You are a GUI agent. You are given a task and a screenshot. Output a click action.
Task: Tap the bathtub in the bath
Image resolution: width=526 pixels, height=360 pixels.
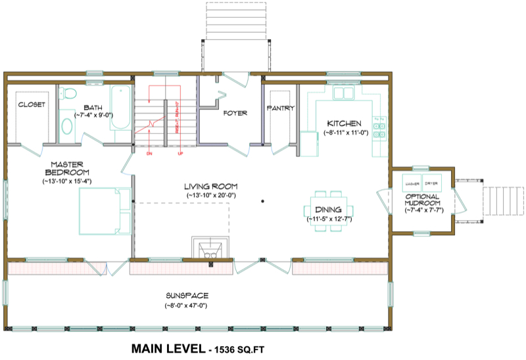point(122,113)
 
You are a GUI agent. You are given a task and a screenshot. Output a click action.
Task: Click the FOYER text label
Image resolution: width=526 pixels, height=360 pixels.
point(235,113)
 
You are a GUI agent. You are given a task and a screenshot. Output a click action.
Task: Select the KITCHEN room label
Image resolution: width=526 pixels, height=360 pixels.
point(344,124)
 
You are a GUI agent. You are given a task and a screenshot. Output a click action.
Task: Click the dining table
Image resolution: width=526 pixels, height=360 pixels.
point(326,207)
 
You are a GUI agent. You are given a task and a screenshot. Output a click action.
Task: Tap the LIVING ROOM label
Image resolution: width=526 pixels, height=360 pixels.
point(210,187)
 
